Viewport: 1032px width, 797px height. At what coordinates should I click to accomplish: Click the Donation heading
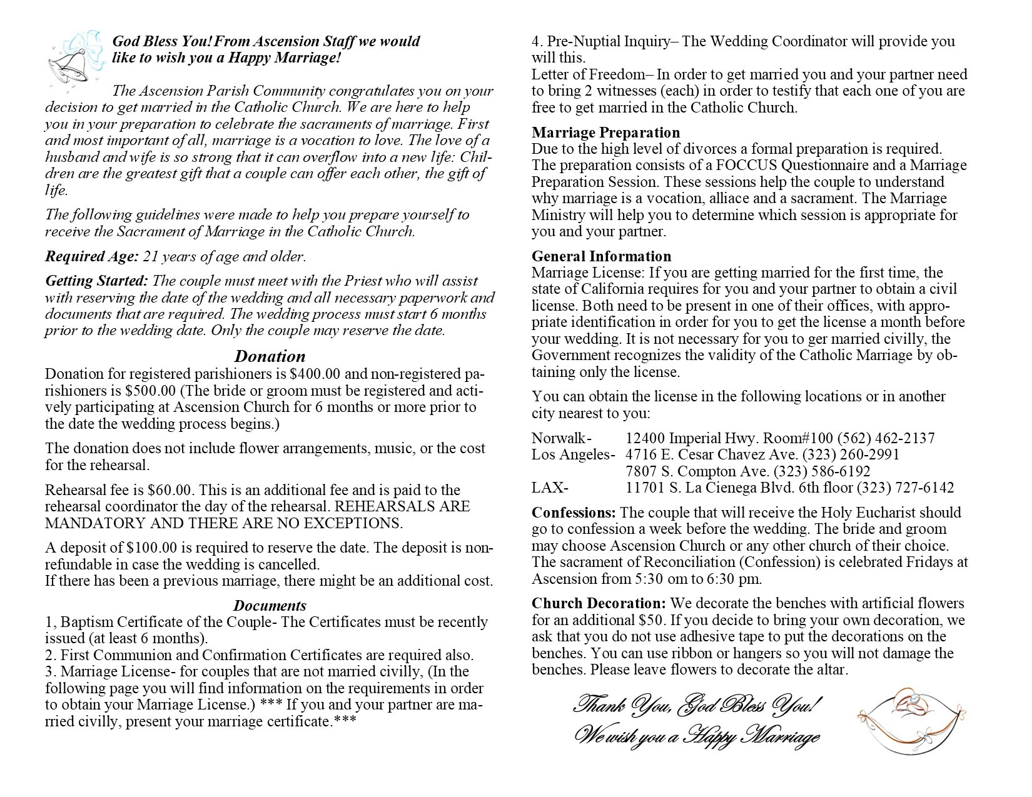pyautogui.click(x=270, y=356)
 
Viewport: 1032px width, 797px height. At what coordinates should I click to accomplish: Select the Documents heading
pyautogui.click(x=270, y=606)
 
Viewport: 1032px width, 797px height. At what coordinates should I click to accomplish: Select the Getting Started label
pyautogui.click(x=97, y=281)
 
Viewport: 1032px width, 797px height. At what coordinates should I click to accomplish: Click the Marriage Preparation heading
pyautogui.click(x=605, y=133)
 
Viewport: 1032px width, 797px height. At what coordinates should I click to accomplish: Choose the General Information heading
pyautogui.click(x=601, y=256)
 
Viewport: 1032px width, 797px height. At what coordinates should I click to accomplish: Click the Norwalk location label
pyautogui.click(x=561, y=438)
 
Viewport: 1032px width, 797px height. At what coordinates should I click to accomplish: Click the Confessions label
pyautogui.click(x=574, y=513)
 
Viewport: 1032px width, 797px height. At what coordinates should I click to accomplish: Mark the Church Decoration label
pyautogui.click(x=599, y=604)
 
